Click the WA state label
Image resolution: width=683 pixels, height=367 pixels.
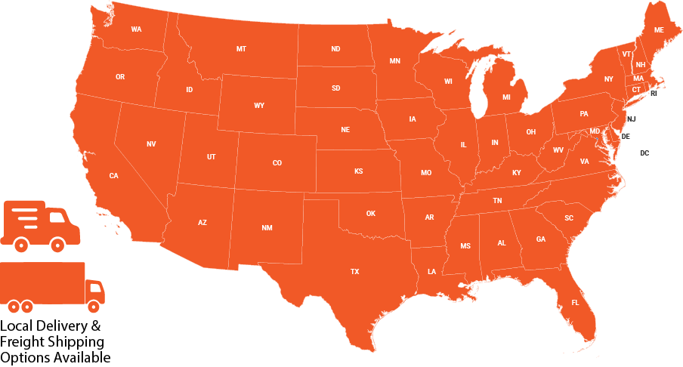pos(136,29)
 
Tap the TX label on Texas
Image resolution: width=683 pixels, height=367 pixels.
pos(354,271)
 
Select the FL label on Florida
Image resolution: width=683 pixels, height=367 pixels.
pos(575,303)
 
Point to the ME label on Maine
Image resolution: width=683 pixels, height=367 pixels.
pos(659,30)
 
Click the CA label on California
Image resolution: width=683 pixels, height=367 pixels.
pos(113,176)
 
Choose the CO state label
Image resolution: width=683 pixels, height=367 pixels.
pos(277,163)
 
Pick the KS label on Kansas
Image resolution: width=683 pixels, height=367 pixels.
pos(358,171)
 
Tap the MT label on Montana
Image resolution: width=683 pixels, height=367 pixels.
pos(241,49)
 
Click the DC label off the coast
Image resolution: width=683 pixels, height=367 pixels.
pos(644,153)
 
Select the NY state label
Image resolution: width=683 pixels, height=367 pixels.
pos(608,79)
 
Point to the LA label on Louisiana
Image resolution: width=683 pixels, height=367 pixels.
pos(431,271)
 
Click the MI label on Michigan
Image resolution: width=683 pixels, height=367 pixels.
pos(506,97)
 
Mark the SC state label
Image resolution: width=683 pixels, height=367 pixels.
pos(569,218)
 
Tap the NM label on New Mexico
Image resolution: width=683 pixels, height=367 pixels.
pos(267,227)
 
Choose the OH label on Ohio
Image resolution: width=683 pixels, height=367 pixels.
pos(531,132)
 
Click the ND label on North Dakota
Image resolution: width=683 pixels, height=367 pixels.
pos(335,49)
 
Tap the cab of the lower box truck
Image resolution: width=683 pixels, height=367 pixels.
pos(95,291)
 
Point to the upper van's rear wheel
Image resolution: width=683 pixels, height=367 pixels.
pos(21,244)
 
